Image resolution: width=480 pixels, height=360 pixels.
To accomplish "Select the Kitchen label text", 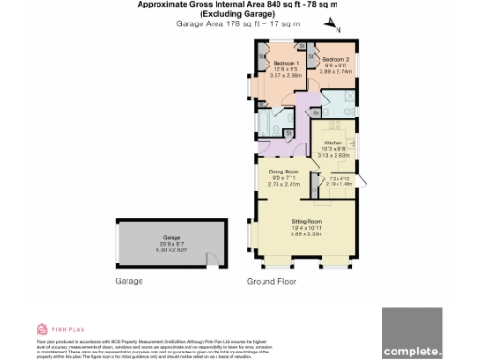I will tap(334, 142).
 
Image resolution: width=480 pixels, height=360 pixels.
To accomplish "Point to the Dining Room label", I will tap(283, 172).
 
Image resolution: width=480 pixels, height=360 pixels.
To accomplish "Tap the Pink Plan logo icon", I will tap(41, 329).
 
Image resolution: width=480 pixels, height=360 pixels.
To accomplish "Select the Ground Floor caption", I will tap(274, 282).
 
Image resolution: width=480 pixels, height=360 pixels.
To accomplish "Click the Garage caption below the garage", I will tap(128, 281).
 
